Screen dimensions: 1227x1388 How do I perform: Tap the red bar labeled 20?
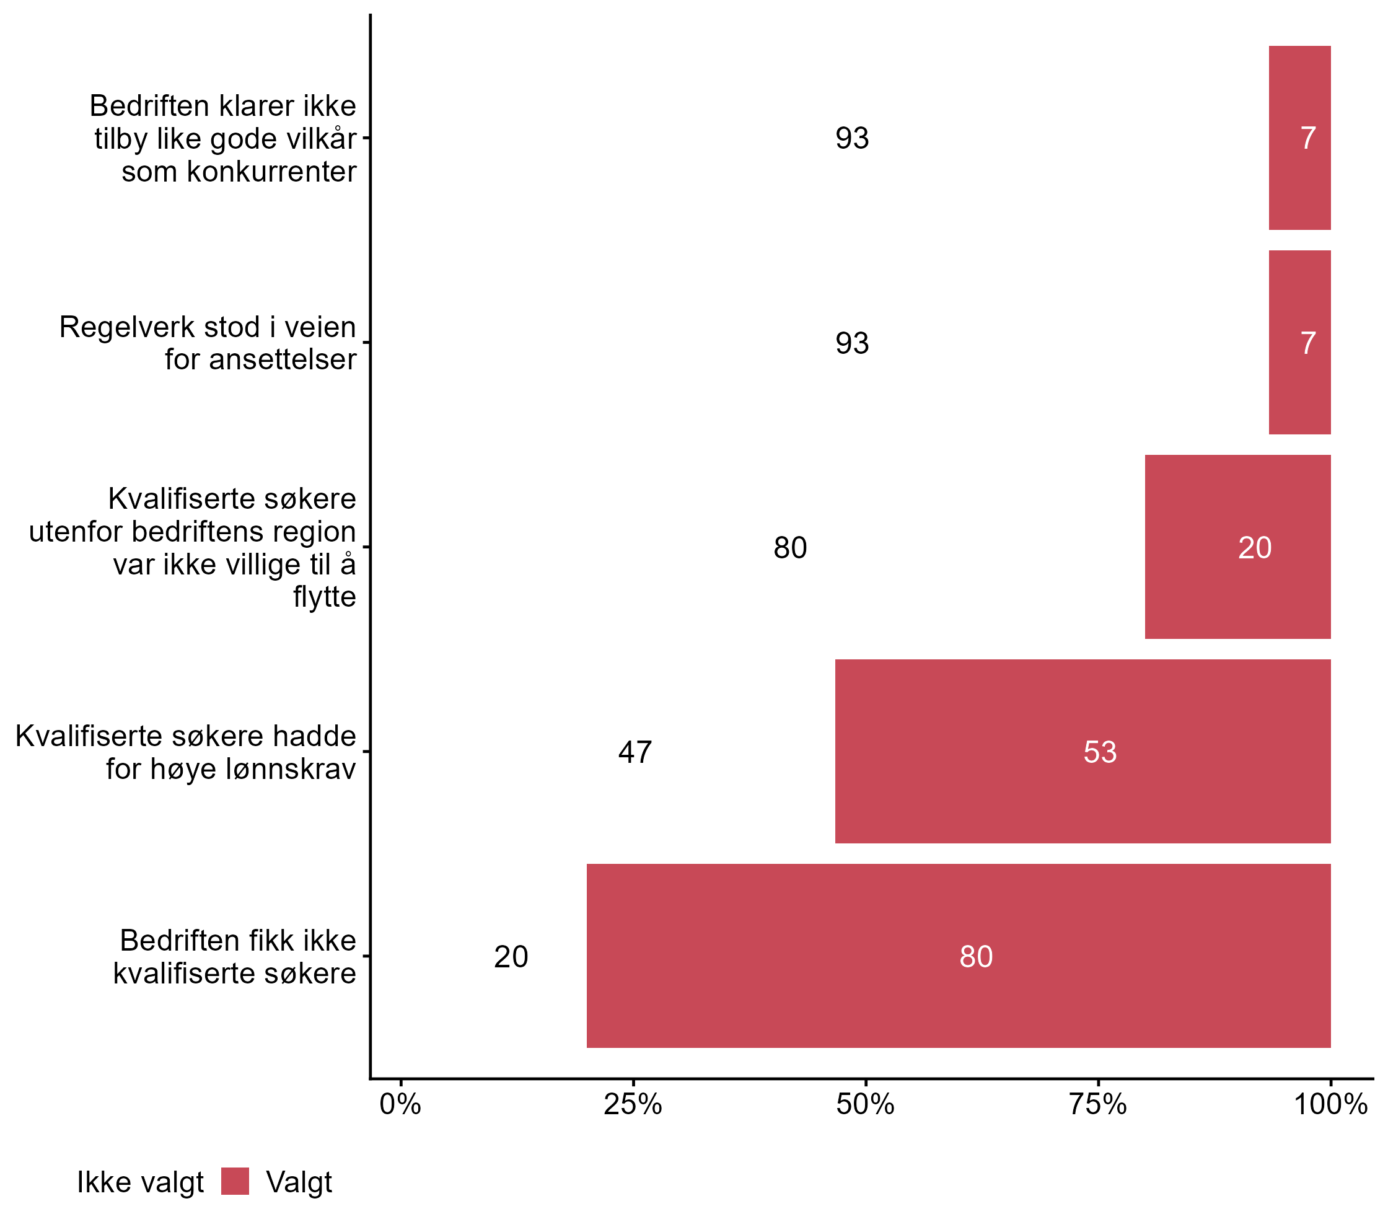tap(1237, 547)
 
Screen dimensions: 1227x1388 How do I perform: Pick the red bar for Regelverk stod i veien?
tap(1299, 342)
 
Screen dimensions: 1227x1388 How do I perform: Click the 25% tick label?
tap(633, 1105)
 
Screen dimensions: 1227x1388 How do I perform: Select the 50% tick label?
tap(865, 1105)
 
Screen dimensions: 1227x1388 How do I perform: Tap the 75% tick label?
tap(1097, 1105)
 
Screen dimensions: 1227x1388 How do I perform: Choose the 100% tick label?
tap(1330, 1105)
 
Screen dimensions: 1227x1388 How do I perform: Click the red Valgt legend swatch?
tap(235, 1182)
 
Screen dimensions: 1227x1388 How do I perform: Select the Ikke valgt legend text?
tap(140, 1182)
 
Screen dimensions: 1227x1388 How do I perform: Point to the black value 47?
tap(635, 752)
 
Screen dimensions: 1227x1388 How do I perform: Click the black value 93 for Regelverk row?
tap(851, 343)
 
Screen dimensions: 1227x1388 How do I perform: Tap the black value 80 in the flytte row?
tap(790, 548)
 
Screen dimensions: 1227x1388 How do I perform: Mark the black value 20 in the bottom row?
tap(511, 957)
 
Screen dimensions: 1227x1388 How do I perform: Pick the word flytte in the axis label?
tap(324, 597)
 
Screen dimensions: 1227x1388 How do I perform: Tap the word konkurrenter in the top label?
tap(271, 172)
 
